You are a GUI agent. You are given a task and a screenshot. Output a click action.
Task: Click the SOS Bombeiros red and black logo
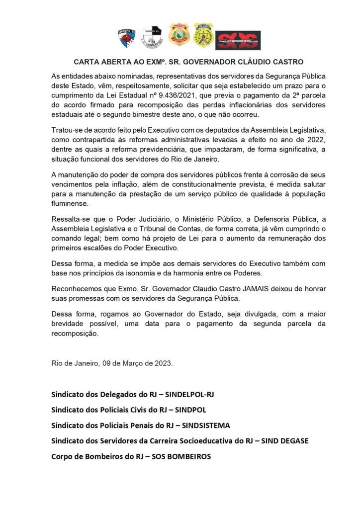tap(238, 39)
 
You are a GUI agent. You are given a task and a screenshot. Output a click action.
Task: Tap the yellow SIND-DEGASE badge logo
tap(203, 35)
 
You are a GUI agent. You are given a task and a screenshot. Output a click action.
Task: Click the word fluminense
tap(70, 203)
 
